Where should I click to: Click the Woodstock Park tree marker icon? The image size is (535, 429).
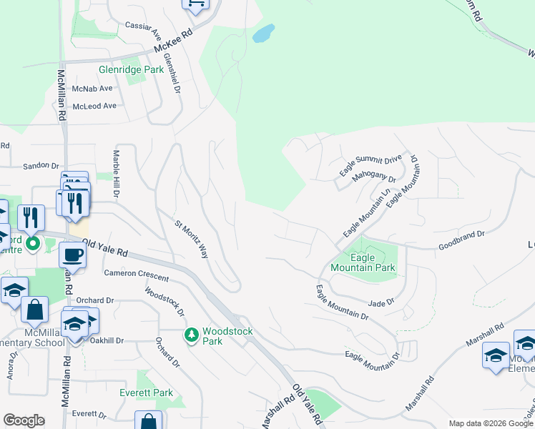coord(191,335)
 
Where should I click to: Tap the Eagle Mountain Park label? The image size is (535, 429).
coord(363,262)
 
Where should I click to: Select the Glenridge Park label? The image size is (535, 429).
coord(131,70)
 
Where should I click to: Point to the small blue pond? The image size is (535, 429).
coord(263,34)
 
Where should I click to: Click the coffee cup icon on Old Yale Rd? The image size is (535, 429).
coord(72,255)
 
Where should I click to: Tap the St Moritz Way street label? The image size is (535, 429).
coord(191,239)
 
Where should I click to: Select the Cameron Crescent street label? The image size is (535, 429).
coord(136,275)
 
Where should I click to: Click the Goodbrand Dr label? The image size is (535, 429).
coord(461,234)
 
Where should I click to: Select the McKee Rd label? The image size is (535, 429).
coord(174,43)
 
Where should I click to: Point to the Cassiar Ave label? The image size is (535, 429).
coord(143,26)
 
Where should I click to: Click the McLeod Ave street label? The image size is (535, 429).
coord(94,106)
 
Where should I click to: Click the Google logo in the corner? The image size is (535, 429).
coord(24,420)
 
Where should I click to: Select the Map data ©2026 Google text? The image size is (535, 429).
coord(490,423)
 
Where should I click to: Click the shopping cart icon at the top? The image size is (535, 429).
coord(195,4)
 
